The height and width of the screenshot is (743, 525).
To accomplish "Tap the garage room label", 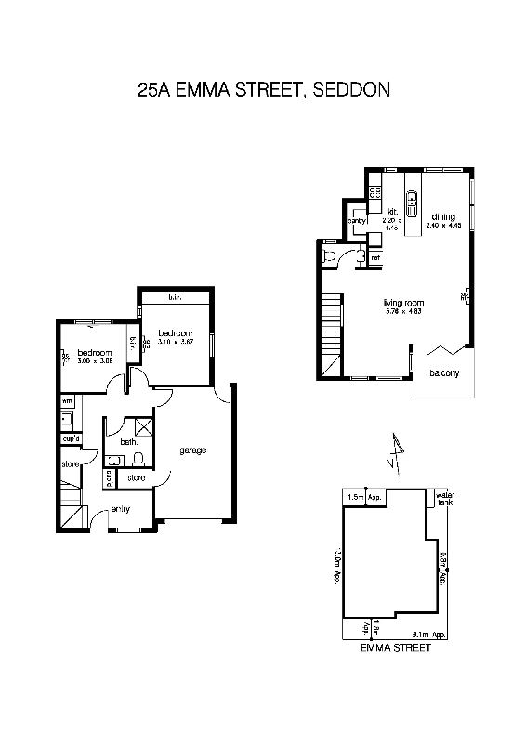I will (192, 450).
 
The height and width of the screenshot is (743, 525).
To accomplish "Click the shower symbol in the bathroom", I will (143, 427).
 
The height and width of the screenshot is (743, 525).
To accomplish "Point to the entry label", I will (120, 509).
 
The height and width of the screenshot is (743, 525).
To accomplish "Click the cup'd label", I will (72, 437).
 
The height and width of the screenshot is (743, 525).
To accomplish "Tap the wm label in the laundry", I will (67, 401).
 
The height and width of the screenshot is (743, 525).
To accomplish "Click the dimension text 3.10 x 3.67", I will (175, 342).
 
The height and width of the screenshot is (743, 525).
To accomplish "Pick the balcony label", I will (444, 373).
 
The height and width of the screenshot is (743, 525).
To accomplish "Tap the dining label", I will (442, 216).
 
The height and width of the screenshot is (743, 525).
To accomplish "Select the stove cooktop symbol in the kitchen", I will (374, 192).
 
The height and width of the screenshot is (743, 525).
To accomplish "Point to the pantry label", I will (357, 221).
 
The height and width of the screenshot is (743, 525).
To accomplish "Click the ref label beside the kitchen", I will (375, 232).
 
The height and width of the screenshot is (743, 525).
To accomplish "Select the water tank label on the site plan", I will (444, 499).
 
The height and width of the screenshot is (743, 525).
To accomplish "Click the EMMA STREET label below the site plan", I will (395, 648).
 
